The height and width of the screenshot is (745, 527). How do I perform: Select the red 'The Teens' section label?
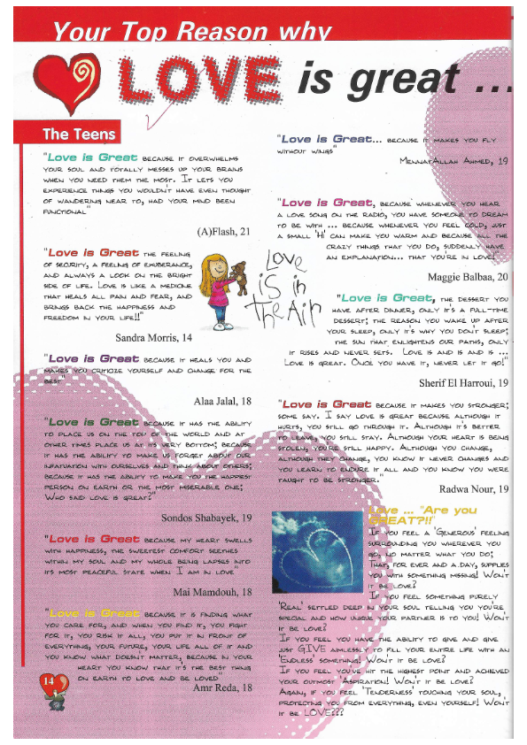tap(79, 134)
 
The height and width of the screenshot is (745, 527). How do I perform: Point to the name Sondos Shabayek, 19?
tap(209, 517)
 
